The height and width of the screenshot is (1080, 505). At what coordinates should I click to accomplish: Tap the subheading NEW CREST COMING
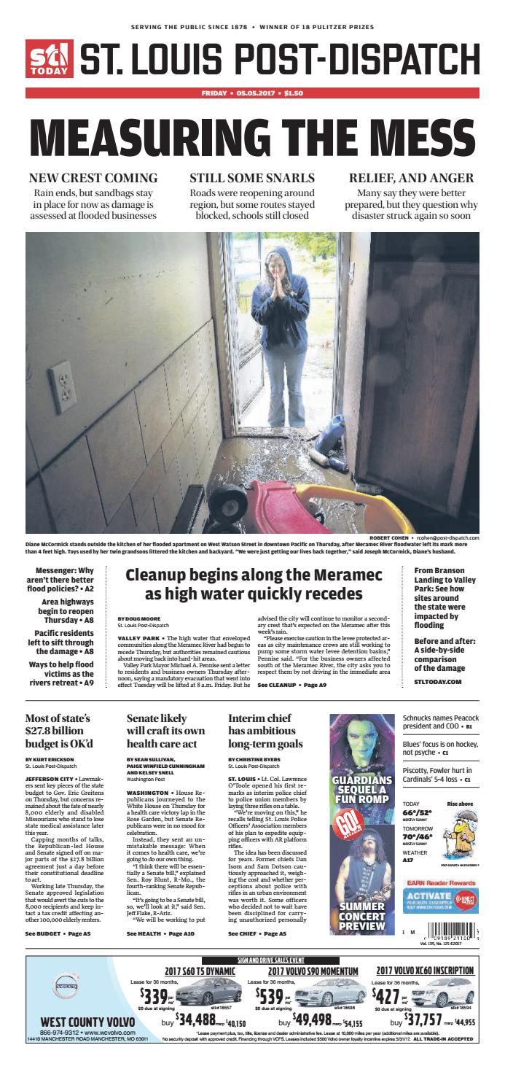point(93,178)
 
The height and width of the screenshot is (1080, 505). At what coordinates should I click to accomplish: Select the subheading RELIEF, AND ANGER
point(412,178)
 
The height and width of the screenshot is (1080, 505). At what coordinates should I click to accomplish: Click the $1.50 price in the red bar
point(294,93)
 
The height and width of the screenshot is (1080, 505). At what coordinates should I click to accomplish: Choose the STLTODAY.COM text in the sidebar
point(438,681)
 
